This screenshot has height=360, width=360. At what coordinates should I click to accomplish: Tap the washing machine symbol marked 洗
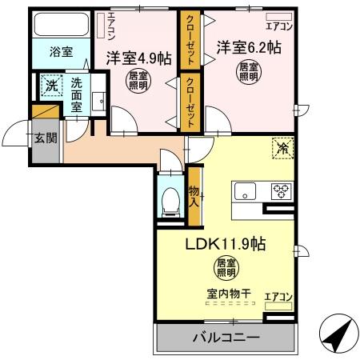click(50, 86)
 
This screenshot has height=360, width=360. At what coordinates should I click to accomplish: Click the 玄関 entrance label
click(45, 137)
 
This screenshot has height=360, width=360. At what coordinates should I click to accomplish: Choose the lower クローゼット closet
click(191, 101)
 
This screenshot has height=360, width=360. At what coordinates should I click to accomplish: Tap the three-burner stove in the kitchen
click(281, 190)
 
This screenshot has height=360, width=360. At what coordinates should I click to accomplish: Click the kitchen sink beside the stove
click(244, 192)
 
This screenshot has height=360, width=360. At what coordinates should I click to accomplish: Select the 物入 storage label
click(194, 195)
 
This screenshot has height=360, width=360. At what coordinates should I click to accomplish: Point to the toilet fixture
click(170, 203)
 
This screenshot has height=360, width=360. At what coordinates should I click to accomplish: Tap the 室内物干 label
click(226, 294)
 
